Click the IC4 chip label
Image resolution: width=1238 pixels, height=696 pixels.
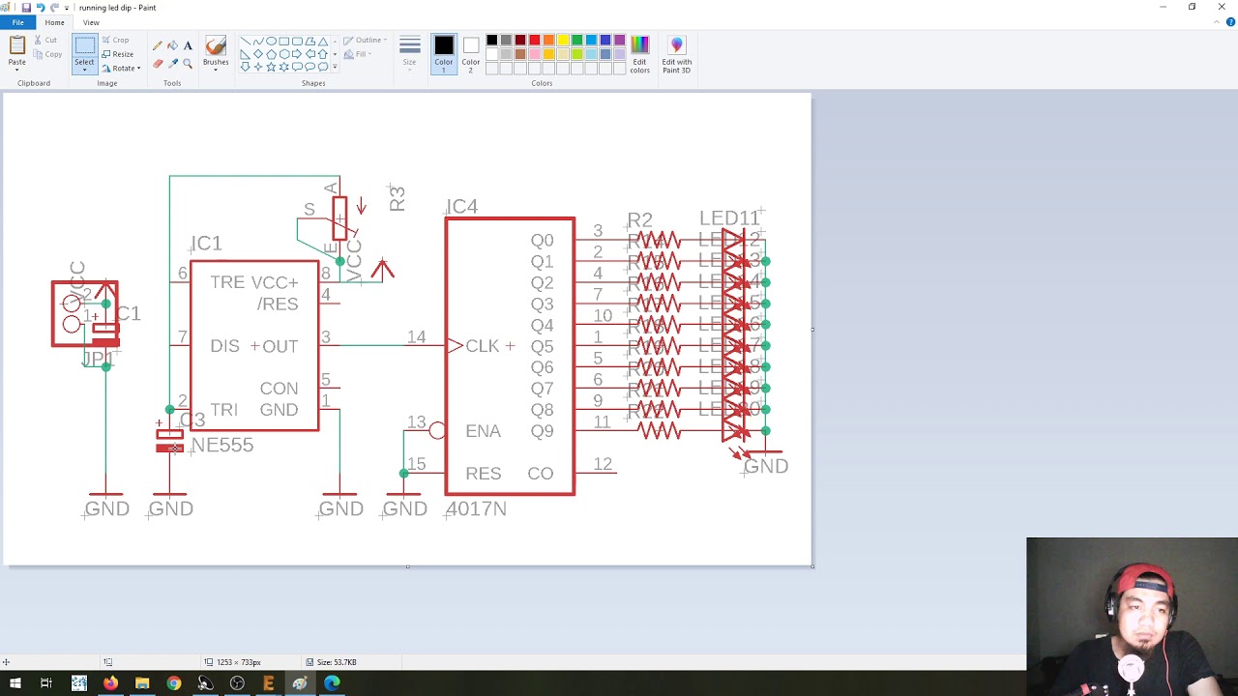coord(462,207)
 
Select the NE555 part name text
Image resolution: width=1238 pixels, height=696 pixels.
coord(222,446)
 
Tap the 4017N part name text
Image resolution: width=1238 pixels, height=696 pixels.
coord(476,508)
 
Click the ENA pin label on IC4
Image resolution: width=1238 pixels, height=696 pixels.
coord(483,431)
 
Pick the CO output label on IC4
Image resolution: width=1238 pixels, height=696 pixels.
coord(540,474)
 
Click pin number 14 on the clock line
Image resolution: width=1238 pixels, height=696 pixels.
coord(416,337)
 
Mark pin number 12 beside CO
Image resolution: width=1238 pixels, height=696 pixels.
coord(603,465)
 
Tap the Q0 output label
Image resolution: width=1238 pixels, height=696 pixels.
coord(542,241)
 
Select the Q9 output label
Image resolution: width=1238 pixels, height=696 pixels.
coord(542,431)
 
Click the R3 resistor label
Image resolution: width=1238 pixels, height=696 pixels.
coord(397,199)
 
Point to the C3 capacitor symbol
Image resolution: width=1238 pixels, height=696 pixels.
coord(169,440)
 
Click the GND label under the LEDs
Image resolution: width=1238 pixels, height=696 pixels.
coord(766,467)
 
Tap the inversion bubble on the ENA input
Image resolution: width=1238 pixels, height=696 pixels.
coord(437,431)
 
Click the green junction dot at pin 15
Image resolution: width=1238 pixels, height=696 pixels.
coord(403,474)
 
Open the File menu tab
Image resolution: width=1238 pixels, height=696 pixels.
coord(17,22)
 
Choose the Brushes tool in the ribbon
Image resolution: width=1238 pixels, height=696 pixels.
coord(216,51)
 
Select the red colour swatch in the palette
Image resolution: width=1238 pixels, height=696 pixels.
coord(534,41)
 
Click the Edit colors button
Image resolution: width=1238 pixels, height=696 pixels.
coord(639,53)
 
